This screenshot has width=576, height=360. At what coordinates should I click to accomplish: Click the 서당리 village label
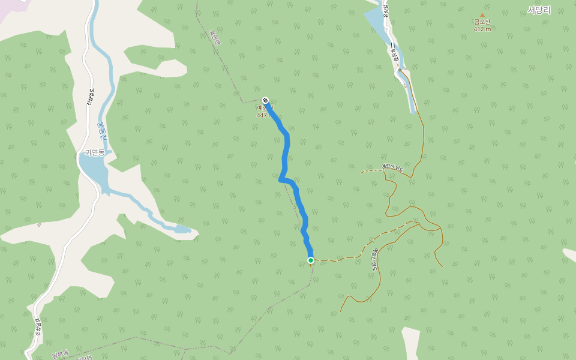[x=539, y=10]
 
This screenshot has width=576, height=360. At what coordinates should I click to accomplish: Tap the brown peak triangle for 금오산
[x=482, y=15]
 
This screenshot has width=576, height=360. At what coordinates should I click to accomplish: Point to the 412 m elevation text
[x=482, y=29]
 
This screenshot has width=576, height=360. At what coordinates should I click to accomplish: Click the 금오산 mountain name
[x=482, y=22]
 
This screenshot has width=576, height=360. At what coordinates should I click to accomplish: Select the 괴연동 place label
[x=95, y=152]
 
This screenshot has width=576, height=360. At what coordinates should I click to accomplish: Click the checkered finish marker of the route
[x=265, y=100]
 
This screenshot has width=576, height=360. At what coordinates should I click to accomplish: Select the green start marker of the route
[x=311, y=260]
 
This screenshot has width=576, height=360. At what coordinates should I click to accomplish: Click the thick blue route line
[x=286, y=150]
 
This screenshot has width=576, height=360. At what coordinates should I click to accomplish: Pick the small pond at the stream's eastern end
[x=181, y=229]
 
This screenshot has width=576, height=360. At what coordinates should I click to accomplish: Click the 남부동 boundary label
[x=60, y=354]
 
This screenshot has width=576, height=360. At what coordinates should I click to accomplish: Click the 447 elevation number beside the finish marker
[x=262, y=115]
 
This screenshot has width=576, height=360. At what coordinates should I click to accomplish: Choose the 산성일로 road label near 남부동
[x=38, y=327]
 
